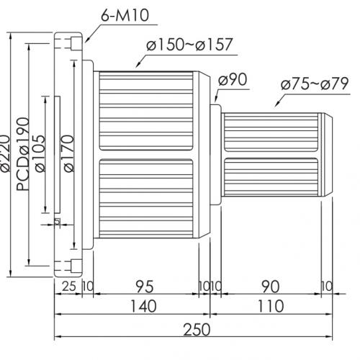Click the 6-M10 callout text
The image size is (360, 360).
tap(125, 15)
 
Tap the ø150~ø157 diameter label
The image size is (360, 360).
tap(189, 45)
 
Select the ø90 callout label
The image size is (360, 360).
tap(233, 79)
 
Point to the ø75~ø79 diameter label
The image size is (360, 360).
tap(315, 84)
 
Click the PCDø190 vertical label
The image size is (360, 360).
tap(23, 154)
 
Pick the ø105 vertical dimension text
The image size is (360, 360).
tap(40, 154)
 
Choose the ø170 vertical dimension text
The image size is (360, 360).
tap(69, 153)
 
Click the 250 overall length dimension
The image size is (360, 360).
tap(197, 330)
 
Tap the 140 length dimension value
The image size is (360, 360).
tap(143, 306)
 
